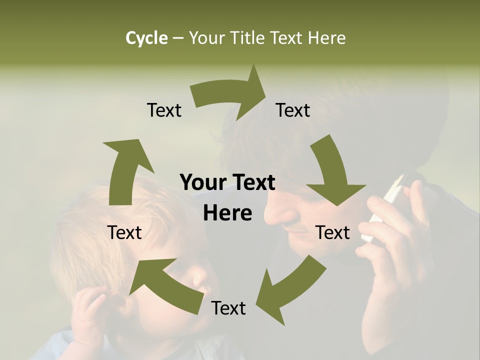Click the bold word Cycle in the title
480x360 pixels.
146,38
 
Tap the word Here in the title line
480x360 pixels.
327,38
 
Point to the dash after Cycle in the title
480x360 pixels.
178,38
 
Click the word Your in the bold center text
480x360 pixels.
201,183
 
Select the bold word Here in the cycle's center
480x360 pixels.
227,213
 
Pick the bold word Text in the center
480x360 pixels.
253,183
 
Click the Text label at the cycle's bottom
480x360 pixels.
228,308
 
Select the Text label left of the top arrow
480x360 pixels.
164,110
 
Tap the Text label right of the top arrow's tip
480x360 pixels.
293,110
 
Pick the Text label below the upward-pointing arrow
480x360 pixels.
124,232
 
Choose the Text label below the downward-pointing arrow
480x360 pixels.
332,232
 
